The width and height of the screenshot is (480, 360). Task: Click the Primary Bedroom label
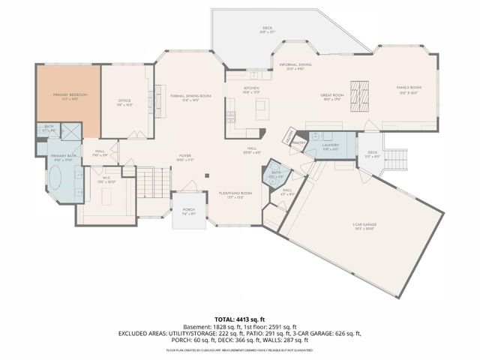(69, 96)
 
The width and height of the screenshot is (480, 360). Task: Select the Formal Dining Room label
(190, 96)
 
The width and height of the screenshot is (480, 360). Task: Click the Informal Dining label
(295, 65)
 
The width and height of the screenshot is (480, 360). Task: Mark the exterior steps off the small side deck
(395, 158)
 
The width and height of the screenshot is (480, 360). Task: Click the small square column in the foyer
(209, 177)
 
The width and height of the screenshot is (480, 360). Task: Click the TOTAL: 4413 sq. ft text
(239, 318)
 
